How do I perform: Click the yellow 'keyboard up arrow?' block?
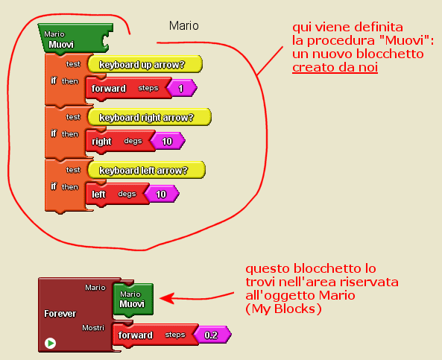click(x=145, y=64)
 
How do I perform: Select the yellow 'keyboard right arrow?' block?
click(x=150, y=117)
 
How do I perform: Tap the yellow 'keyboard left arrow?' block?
click(x=147, y=170)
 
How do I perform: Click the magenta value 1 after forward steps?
click(x=182, y=88)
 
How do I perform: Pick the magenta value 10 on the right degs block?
click(x=168, y=141)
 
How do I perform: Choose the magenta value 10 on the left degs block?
click(x=162, y=194)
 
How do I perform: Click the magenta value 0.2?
click(x=212, y=335)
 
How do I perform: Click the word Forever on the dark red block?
click(x=60, y=314)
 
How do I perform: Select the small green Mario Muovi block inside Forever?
click(x=133, y=299)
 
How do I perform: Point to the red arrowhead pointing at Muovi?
click(x=166, y=298)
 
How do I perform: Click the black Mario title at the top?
click(x=184, y=26)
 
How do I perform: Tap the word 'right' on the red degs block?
click(x=101, y=141)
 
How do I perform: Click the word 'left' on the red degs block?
click(x=98, y=195)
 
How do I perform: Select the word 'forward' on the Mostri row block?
click(x=136, y=335)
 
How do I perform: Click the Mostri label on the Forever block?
click(x=93, y=328)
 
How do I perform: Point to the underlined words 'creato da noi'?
click(x=335, y=67)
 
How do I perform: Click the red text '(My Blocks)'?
click(x=283, y=309)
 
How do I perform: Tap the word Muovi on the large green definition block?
click(x=61, y=45)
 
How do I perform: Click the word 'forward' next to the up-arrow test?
click(x=109, y=88)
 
